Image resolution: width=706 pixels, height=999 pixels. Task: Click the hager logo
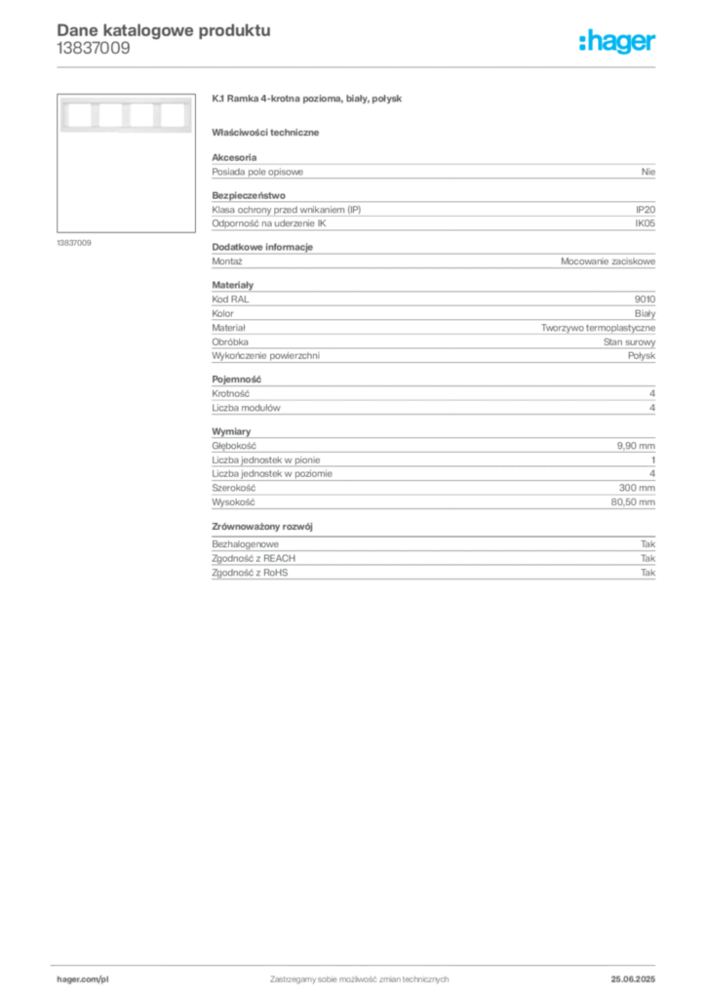617,41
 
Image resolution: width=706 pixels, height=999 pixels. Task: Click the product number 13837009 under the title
94,49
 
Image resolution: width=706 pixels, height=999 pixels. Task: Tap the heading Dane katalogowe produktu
164,30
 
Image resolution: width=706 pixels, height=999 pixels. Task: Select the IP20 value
645,210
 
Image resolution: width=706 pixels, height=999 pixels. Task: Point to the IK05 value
645,223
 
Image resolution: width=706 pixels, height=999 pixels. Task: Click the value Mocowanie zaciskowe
608,261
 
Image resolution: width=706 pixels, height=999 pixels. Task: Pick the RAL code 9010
645,299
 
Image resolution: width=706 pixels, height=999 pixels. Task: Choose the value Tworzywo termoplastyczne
599,328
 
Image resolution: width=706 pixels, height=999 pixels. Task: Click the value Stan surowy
630,342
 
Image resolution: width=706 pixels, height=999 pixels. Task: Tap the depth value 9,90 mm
636,446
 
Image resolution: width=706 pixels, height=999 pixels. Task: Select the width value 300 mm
637,488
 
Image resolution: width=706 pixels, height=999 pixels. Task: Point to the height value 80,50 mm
633,502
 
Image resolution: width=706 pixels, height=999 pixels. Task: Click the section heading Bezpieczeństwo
249,195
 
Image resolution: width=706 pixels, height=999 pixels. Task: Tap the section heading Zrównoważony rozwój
262,527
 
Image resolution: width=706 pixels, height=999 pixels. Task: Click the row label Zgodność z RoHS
250,573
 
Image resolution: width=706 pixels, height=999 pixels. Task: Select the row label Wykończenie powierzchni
265,356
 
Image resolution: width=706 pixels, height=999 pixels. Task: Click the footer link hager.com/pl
83,979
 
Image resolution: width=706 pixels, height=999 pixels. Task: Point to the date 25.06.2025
633,979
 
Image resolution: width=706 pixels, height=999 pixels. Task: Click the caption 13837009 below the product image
74,243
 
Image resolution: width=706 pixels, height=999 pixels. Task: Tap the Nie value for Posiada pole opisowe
648,172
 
